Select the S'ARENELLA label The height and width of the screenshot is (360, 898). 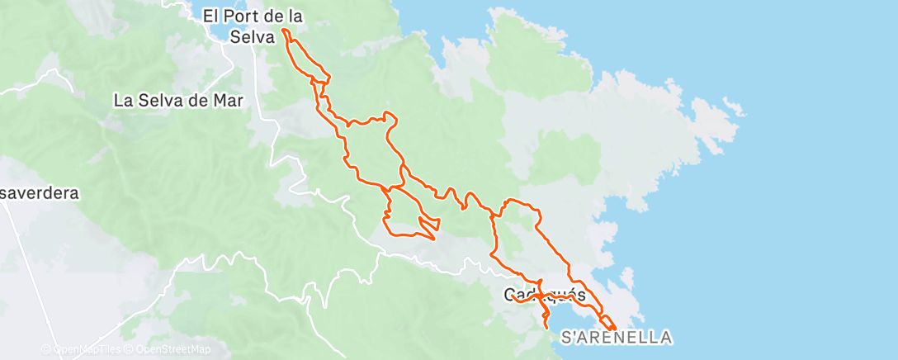[x=616, y=337]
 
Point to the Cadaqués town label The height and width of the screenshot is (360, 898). [x=545, y=295]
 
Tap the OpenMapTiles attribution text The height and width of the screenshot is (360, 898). [x=85, y=349]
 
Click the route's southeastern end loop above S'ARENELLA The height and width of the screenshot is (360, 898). [x=607, y=322]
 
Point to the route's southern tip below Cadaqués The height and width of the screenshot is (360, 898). [x=548, y=328]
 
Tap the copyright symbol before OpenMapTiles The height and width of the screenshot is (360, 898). [x=46, y=349]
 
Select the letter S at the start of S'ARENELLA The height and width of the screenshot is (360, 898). [x=566, y=337]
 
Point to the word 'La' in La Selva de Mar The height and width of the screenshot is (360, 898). [x=123, y=101]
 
